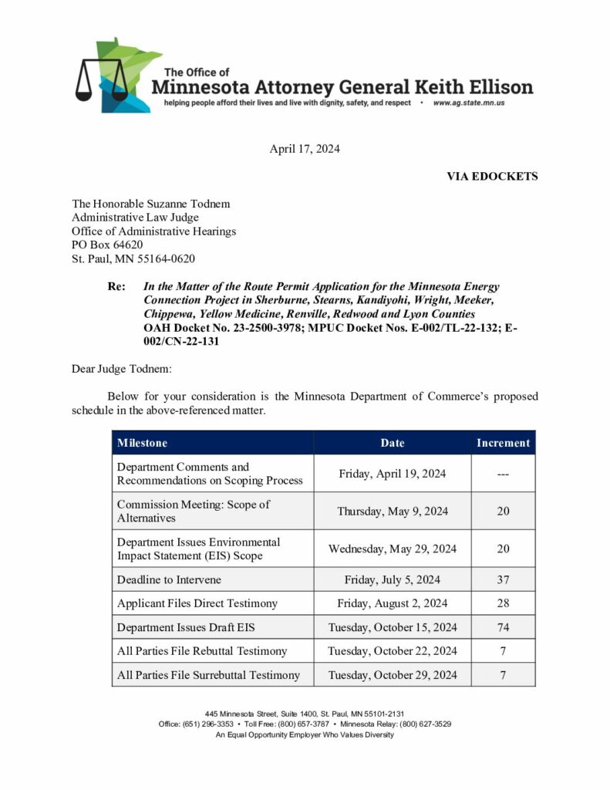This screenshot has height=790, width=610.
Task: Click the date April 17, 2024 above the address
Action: (305, 149)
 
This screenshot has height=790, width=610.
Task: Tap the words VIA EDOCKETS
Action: (492, 176)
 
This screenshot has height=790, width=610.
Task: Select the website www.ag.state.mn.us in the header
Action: (468, 103)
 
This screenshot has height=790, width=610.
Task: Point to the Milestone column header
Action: (142, 443)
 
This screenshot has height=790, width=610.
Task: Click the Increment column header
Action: (503, 443)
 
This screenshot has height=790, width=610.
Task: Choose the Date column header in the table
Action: (392, 443)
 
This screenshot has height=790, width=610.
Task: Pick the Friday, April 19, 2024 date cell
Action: (392, 474)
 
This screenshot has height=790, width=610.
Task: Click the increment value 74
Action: (503, 627)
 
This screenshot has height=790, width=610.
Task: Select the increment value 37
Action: (503, 579)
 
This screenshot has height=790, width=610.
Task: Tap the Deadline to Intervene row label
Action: (169, 579)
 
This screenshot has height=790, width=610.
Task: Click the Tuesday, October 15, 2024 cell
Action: (392, 627)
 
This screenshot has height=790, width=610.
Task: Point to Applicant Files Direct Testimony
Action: (197, 603)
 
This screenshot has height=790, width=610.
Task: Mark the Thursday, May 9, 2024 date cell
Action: (392, 511)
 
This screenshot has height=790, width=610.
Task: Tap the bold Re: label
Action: (116, 286)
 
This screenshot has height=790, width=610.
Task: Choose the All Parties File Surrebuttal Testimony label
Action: (208, 675)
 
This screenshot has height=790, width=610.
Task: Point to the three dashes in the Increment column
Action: (503, 474)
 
